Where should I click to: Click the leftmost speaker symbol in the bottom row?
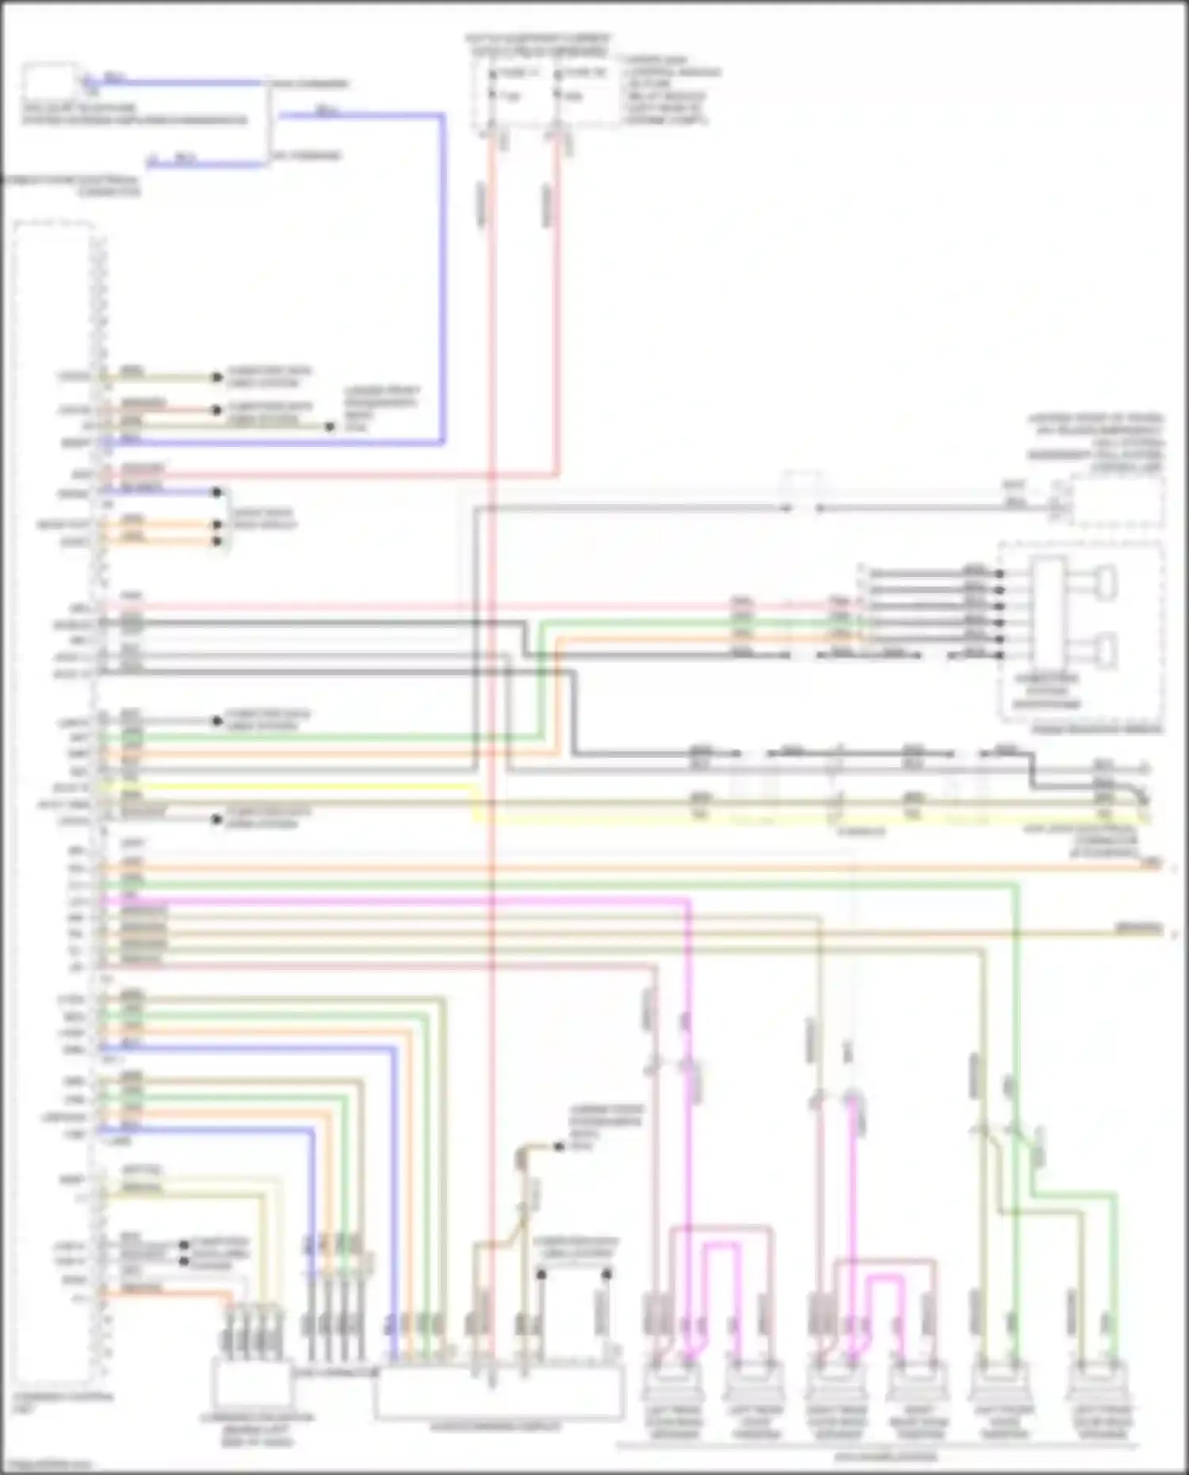pyautogui.click(x=672, y=1383)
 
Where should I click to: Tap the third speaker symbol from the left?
pyautogui.click(x=836, y=1383)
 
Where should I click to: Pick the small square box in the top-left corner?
pyautogui.click(x=49, y=83)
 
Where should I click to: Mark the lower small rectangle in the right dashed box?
pyautogui.click(x=1107, y=650)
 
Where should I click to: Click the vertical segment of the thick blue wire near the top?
pyautogui.click(x=442, y=277)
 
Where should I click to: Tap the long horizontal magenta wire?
pyautogui.click(x=396, y=902)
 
